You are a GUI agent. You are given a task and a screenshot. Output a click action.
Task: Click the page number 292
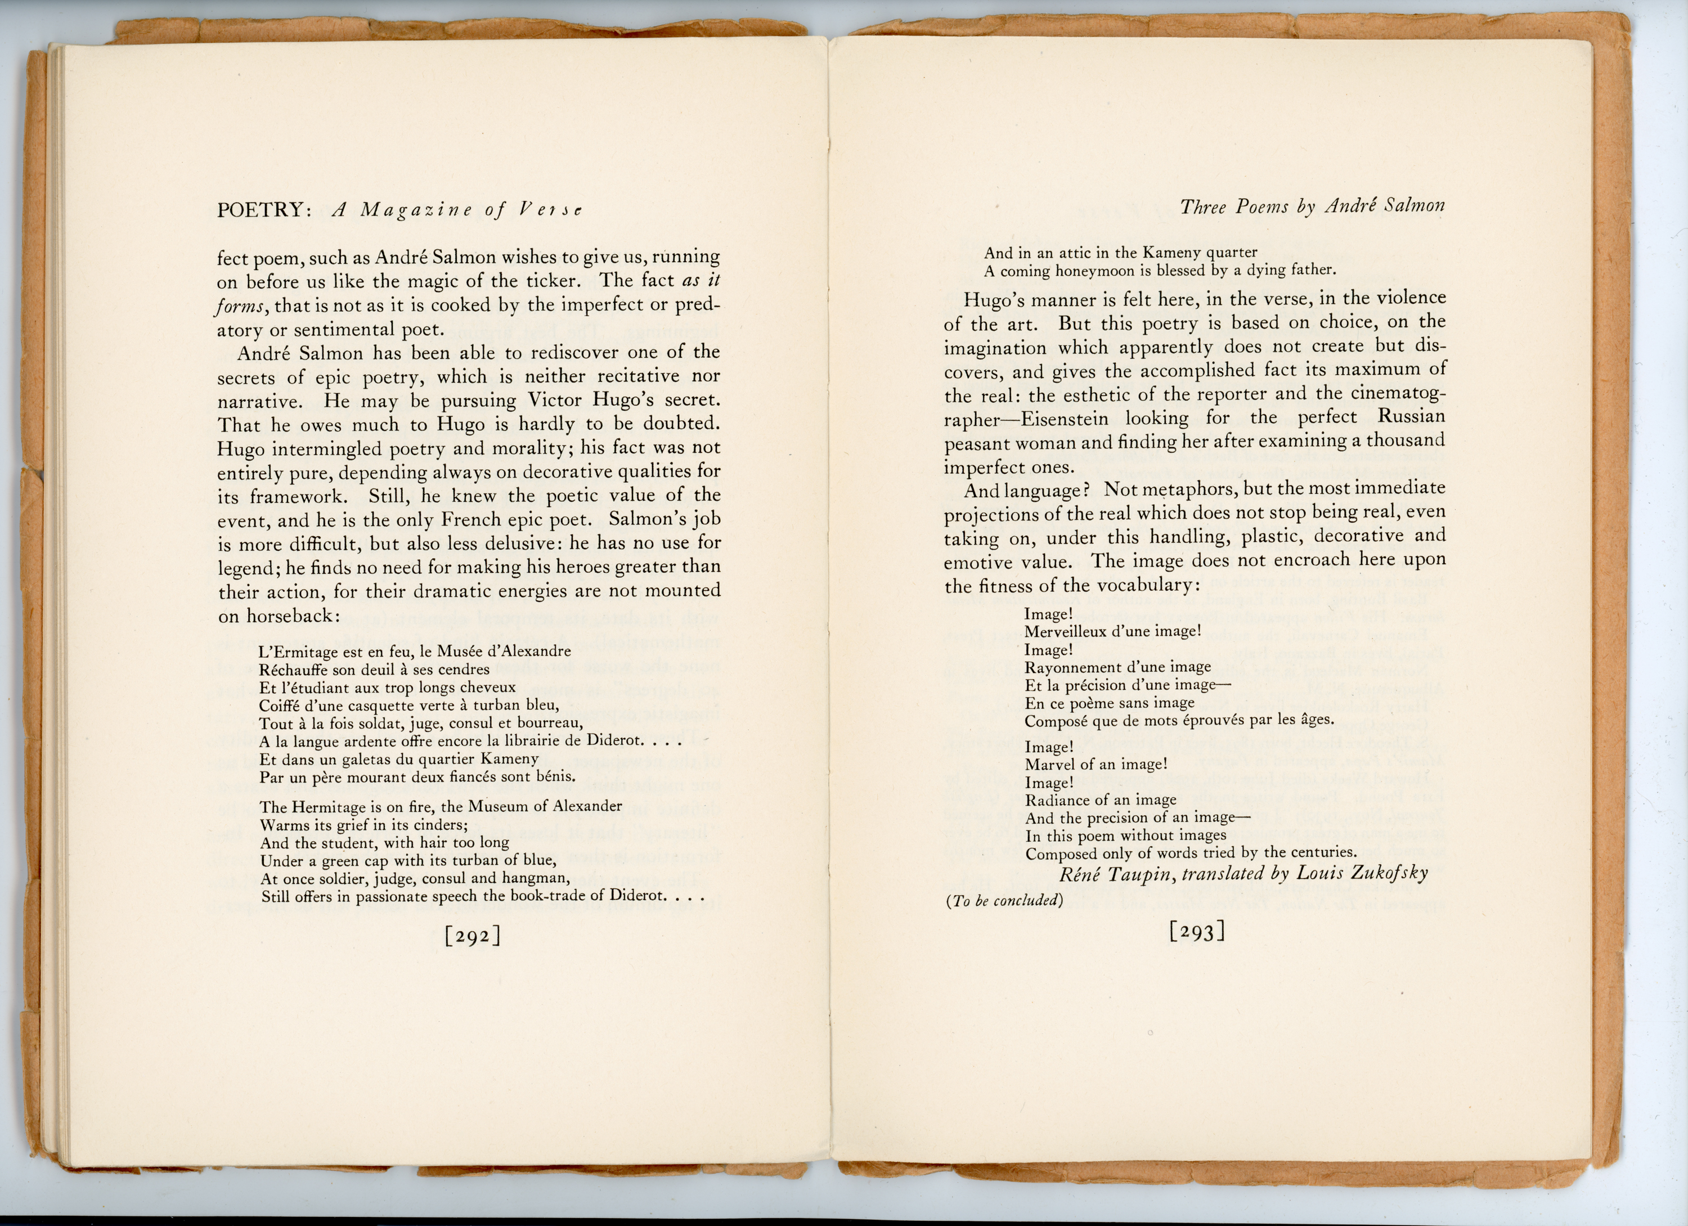pos(472,935)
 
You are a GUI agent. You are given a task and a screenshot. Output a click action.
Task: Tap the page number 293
pos(1197,931)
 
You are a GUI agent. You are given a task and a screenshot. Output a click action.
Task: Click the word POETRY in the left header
pos(261,210)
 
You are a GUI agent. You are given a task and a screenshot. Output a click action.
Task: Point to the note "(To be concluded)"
pos(1004,901)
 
